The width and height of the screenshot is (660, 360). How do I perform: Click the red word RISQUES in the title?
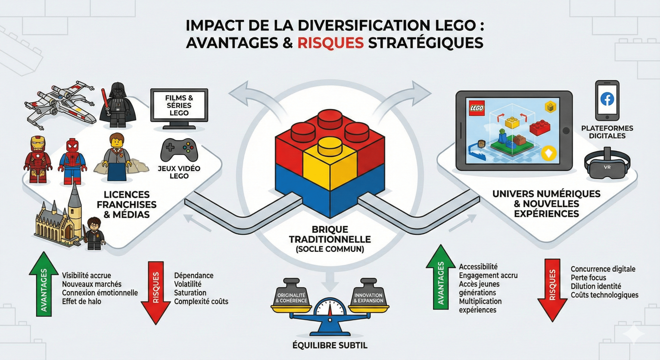[330, 43]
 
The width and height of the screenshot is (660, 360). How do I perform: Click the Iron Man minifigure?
[38, 160]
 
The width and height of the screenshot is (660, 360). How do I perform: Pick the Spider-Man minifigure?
[73, 161]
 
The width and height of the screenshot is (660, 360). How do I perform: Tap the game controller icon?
[179, 150]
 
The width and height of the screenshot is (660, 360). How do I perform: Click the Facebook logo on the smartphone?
[607, 99]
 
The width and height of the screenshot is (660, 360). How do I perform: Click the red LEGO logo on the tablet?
[477, 108]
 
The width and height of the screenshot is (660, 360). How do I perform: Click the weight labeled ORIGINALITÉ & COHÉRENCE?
[291, 293]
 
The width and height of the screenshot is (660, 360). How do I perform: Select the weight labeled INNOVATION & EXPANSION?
[368, 293]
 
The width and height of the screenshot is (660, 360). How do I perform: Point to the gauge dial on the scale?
[330, 308]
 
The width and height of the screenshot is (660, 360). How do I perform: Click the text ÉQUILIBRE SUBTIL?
[330, 345]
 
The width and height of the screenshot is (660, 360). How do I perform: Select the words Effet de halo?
[82, 301]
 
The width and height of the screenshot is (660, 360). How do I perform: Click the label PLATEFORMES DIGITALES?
[607, 132]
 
